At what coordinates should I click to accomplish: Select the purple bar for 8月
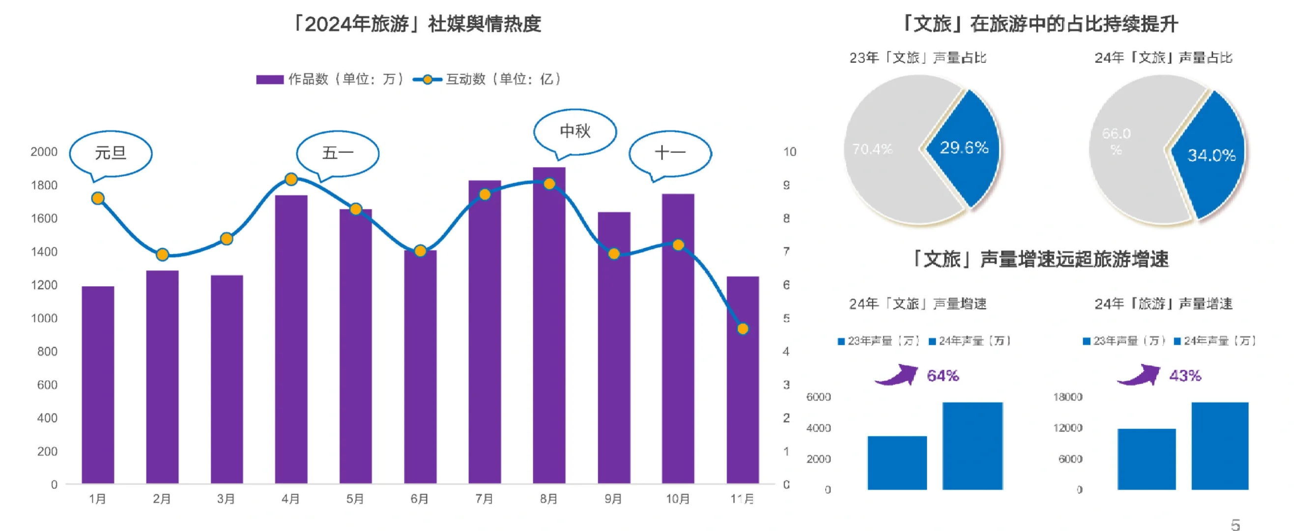point(549,326)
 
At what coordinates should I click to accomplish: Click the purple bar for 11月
point(743,382)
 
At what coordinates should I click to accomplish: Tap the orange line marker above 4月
point(291,179)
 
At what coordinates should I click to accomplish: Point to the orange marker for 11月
point(743,329)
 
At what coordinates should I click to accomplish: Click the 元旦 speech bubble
point(111,153)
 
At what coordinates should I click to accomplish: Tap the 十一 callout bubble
point(670,153)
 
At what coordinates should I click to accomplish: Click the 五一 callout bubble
point(338,153)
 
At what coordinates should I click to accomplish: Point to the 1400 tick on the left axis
point(44,252)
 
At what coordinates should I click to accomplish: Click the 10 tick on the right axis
point(789,152)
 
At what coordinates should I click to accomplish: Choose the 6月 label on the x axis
point(419,499)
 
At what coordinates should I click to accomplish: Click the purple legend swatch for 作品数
point(270,79)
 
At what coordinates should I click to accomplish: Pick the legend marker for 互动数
point(427,79)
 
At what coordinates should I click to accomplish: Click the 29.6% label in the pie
point(964,147)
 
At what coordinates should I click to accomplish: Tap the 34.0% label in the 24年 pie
point(1211,155)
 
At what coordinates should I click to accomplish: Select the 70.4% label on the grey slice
point(872,149)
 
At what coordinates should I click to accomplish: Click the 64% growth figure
point(943,376)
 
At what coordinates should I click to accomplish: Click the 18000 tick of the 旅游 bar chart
point(1067,397)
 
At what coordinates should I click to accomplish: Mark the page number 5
point(1236,525)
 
